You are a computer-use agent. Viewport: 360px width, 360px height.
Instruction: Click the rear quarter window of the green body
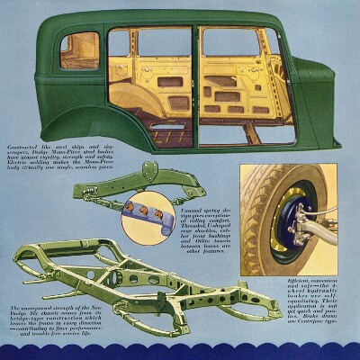(79, 50)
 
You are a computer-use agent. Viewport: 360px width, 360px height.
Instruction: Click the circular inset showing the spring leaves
(148, 216)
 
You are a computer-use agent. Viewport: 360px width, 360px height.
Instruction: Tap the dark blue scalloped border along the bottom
(180, 352)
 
